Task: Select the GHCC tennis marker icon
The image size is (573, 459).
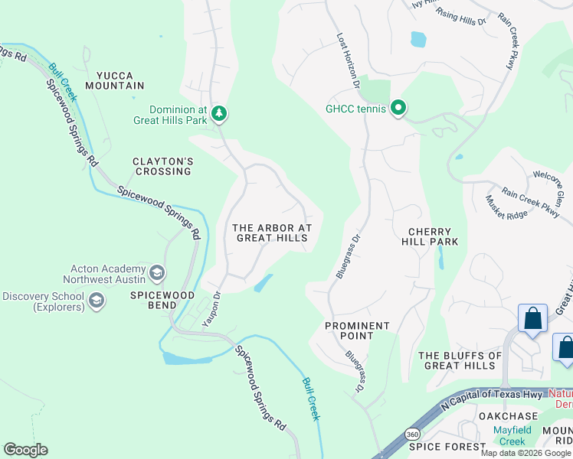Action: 398,108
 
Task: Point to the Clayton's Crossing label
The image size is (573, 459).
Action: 162,166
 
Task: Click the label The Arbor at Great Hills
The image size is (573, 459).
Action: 272,233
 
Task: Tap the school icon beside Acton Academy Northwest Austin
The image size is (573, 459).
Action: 157,273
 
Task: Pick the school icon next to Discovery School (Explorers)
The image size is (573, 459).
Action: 97,301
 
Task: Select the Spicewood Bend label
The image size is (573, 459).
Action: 162,300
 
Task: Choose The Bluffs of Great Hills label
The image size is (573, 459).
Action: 460,360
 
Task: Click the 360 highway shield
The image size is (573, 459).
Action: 413,432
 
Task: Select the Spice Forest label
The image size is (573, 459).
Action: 447,446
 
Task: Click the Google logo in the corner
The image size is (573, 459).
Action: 25,450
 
